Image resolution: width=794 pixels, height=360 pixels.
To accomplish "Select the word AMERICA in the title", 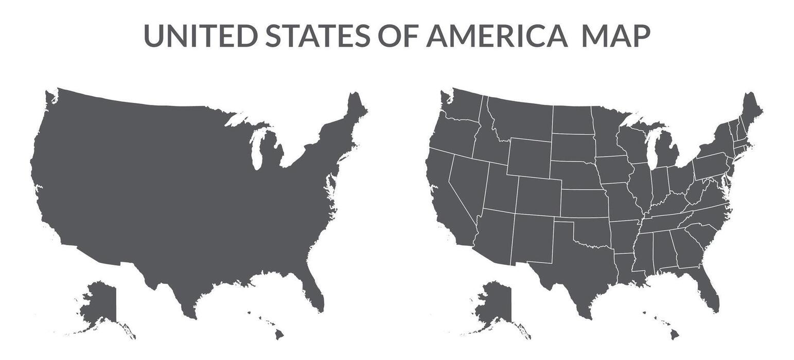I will tap(497, 35).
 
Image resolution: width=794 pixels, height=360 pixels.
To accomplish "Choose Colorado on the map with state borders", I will tap(538, 195).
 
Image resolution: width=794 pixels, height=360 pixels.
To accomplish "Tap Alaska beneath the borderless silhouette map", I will tap(100, 303).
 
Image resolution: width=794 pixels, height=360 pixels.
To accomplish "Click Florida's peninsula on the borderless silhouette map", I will tap(315, 293).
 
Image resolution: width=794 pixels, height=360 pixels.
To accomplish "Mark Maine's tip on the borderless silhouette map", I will tap(355, 103).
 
